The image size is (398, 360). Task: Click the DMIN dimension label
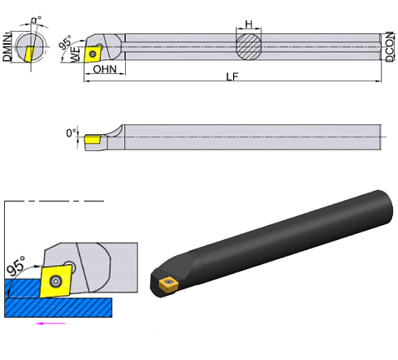[7, 44]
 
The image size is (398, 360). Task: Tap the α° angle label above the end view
[35, 19]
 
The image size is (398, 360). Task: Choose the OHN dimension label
[105, 70]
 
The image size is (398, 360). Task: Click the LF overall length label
[234, 76]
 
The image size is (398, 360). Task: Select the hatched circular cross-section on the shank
[250, 46]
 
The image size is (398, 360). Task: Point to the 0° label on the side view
[72, 133]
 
